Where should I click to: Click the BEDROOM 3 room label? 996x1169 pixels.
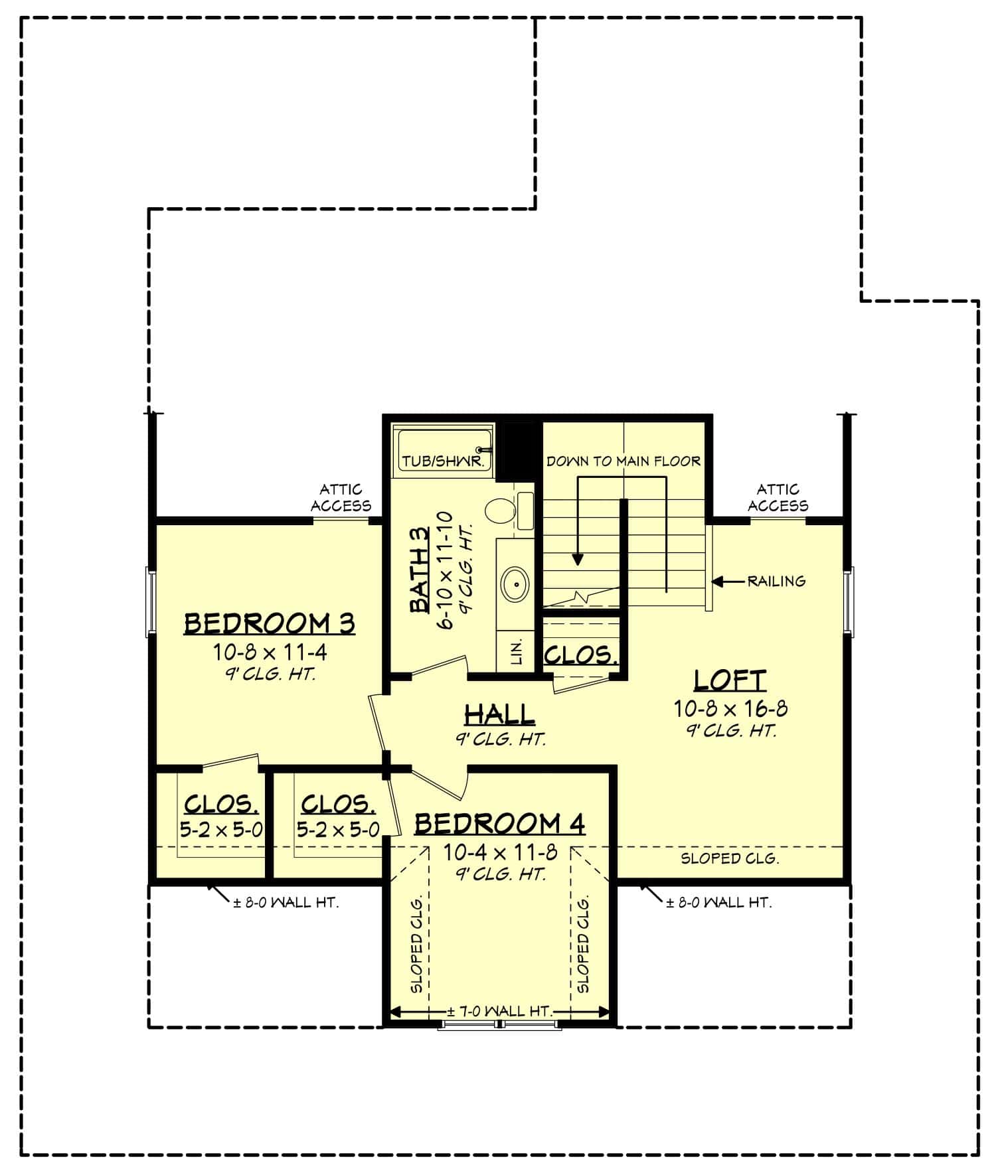pos(269,624)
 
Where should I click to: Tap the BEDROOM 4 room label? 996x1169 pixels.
pos(499,824)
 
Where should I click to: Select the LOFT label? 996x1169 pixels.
pos(730,680)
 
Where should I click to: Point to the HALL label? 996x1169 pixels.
pos(499,714)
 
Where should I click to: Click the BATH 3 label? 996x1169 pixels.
pos(420,569)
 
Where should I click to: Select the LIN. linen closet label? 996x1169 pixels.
pos(518,652)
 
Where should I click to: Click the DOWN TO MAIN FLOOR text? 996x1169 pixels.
pos(623,461)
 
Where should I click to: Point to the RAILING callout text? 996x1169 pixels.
pos(776,582)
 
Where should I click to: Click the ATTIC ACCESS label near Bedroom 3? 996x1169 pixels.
pos(341,498)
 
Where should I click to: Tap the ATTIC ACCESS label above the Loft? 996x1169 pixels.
pos(778,498)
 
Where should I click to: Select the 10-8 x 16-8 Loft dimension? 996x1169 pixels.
pos(730,709)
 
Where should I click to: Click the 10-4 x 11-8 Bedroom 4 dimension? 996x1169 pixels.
pos(500,852)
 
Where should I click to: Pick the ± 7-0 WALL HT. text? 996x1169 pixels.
pos(499,1012)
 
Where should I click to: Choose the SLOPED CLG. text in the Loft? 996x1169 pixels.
pos(729,858)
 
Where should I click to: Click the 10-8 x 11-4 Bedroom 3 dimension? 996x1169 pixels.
pos(270,653)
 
